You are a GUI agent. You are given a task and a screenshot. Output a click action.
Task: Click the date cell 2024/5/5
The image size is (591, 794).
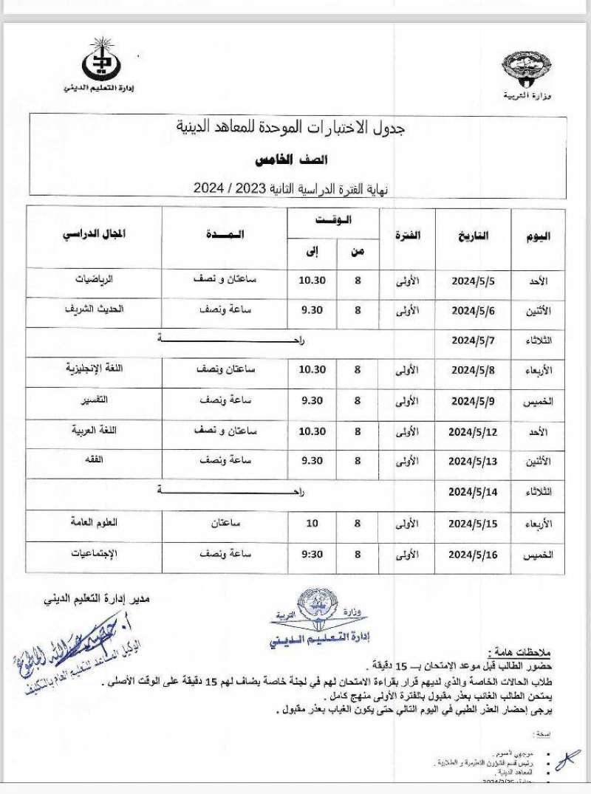pyautogui.click(x=473, y=281)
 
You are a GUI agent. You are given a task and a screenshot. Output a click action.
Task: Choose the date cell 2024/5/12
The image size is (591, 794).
pyautogui.click(x=473, y=431)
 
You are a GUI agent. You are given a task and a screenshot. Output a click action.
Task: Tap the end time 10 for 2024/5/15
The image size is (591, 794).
pyautogui.click(x=312, y=522)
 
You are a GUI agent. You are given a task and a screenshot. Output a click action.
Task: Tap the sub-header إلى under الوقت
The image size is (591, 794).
pyautogui.click(x=312, y=252)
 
